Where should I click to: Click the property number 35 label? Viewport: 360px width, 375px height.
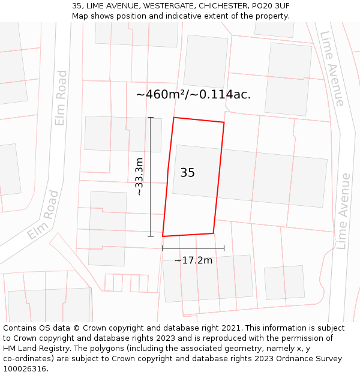click(x=187, y=173)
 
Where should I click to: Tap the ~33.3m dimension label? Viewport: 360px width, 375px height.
click(x=139, y=177)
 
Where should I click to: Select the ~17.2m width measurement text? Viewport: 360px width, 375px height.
click(x=193, y=260)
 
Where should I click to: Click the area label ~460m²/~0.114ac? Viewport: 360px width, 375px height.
click(x=193, y=94)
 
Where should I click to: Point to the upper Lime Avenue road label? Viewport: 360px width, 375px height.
click(x=332, y=68)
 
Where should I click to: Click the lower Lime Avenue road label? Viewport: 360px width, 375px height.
click(x=343, y=211)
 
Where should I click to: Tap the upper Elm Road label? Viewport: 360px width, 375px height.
click(x=61, y=98)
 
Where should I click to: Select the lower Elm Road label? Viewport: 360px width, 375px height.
click(x=43, y=215)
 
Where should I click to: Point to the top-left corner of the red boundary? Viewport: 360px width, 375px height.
click(x=174, y=118)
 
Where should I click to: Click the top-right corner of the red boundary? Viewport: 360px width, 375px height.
click(x=224, y=122)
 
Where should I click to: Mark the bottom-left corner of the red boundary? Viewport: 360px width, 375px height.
click(x=163, y=236)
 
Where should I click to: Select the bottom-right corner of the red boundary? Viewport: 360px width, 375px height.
click(x=214, y=233)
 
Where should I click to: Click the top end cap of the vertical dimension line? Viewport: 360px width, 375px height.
click(x=151, y=118)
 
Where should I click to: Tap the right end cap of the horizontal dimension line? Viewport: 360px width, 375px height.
click(x=224, y=248)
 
